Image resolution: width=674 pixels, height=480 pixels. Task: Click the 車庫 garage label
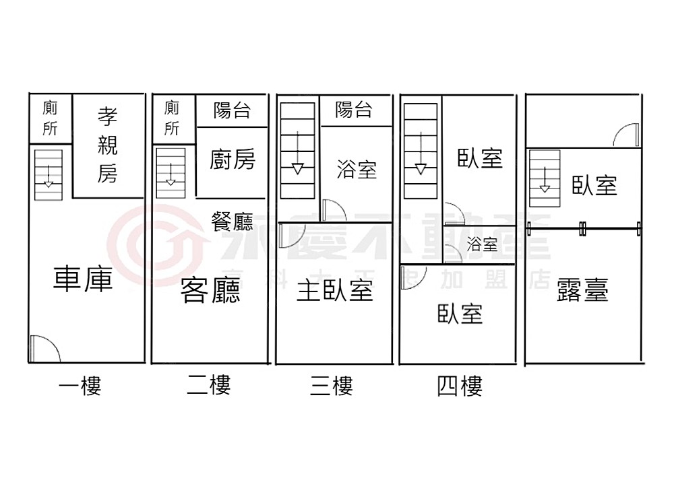pyautogui.click(x=83, y=279)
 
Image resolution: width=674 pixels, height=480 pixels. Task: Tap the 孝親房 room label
pyautogui.click(x=107, y=145)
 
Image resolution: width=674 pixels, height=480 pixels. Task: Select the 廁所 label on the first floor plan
pyautogui.click(x=50, y=118)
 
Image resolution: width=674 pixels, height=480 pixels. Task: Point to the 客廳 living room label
pyautogui.click(x=210, y=291)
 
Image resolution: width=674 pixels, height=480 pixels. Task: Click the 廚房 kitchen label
pyautogui.click(x=233, y=160)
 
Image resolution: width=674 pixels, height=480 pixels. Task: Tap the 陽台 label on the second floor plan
pyautogui.click(x=232, y=110)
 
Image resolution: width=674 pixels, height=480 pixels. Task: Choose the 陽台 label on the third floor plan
pyautogui.click(x=354, y=110)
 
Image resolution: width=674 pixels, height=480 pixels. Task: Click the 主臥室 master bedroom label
pyautogui.click(x=335, y=291)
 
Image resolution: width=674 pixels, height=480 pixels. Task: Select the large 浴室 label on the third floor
pyautogui.click(x=357, y=169)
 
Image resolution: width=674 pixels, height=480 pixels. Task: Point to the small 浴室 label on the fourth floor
pyautogui.click(x=481, y=244)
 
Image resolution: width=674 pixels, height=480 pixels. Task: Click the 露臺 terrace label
pyautogui.click(x=583, y=291)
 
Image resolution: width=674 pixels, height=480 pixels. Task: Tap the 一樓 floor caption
pyautogui.click(x=80, y=386)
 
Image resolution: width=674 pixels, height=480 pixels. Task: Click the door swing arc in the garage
pyautogui.click(x=44, y=349)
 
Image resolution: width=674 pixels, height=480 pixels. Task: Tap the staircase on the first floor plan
pyautogui.click(x=49, y=174)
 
